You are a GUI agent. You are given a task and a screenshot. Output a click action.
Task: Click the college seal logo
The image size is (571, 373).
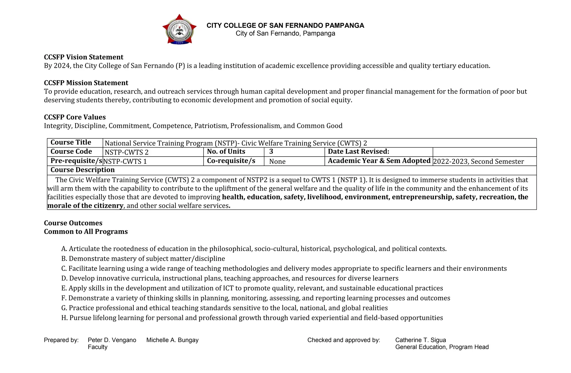pos(179,30)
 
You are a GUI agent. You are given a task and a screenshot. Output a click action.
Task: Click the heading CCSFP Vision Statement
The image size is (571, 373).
pos(83,57)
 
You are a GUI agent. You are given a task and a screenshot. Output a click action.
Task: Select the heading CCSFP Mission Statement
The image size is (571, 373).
pos(86,83)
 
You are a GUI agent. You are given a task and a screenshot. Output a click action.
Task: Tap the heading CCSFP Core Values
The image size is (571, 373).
pos(75,117)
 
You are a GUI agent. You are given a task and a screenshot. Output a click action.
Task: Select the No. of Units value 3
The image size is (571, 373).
pos(271,152)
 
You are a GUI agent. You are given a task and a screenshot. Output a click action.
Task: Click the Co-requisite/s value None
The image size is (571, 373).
pos(277,162)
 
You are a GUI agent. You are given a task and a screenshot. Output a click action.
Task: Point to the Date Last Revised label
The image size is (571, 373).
pos(358,152)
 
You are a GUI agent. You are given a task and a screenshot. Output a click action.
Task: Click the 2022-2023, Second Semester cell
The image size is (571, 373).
pos(478,162)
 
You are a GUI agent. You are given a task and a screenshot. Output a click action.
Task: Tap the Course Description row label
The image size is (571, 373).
pos(83,170)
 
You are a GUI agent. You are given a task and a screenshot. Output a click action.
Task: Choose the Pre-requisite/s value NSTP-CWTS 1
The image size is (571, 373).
pos(125,162)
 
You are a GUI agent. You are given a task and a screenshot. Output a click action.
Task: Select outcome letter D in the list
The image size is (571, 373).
pos(64,278)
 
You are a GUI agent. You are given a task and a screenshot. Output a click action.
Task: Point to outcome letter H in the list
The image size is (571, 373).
pos(64,318)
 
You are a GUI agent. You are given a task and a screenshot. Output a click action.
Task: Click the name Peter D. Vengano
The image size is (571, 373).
pos(112,340)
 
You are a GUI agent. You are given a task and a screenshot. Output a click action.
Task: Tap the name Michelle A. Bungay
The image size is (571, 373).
pos(172,340)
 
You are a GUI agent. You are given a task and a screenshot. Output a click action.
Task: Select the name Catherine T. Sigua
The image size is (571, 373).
pos(420,340)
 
